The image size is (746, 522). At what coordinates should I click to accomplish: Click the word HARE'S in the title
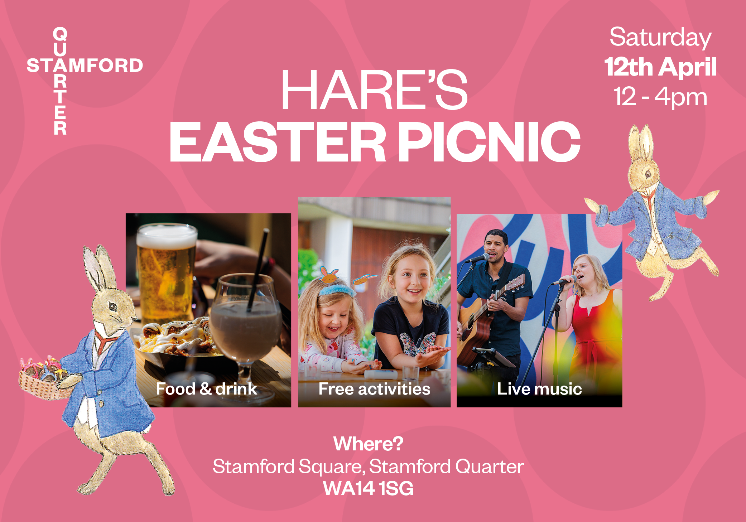click(374, 90)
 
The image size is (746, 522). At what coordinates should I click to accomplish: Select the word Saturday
click(660, 37)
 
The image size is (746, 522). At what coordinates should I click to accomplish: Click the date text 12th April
click(660, 67)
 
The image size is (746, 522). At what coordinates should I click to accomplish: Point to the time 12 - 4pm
click(660, 97)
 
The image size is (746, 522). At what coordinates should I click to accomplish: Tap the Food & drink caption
click(206, 389)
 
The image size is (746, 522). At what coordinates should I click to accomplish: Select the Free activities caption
click(374, 389)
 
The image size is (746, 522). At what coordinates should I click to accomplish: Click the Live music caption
click(539, 389)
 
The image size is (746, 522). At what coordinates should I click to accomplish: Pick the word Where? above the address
click(368, 444)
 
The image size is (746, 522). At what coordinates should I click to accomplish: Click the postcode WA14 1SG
click(368, 489)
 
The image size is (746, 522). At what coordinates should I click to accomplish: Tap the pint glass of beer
click(166, 272)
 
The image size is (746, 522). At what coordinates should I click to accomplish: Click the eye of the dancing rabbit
click(648, 174)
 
